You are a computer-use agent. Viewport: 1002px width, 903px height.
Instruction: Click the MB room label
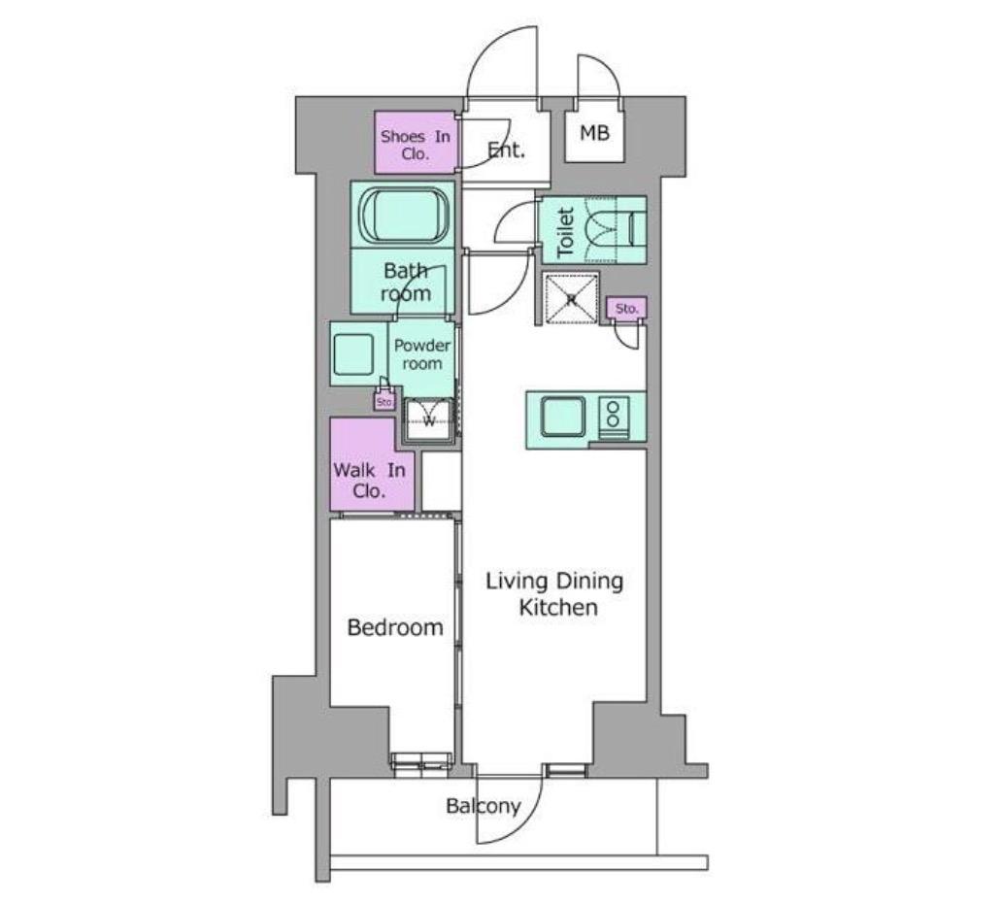click(x=594, y=133)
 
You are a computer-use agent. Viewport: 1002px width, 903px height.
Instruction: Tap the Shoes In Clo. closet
click(x=416, y=143)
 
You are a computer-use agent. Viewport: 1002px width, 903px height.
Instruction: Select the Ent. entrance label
click(x=506, y=150)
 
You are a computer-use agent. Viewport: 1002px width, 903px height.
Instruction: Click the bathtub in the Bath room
click(x=403, y=214)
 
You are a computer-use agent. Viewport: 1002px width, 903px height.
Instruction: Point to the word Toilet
click(x=566, y=232)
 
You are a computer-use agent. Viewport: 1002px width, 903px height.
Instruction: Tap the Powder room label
click(x=421, y=354)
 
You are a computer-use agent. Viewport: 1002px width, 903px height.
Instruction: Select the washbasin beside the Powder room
click(x=353, y=353)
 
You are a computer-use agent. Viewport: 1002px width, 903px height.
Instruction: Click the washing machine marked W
click(x=429, y=419)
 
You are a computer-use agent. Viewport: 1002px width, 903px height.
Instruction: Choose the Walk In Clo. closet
click(x=369, y=481)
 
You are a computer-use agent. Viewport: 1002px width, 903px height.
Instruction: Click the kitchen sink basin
click(x=563, y=417)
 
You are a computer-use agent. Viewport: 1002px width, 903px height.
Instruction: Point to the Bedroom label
click(x=395, y=627)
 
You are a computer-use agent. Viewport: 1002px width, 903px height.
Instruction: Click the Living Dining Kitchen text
click(x=554, y=593)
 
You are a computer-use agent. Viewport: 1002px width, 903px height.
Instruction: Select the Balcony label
click(x=484, y=806)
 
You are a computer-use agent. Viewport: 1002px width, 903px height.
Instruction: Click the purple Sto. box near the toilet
click(x=626, y=308)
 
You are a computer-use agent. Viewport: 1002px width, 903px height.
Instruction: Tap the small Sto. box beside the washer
click(x=384, y=402)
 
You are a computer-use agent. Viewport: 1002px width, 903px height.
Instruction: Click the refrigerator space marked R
click(x=571, y=298)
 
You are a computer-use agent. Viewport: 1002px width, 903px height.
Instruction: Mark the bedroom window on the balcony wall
click(x=420, y=762)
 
